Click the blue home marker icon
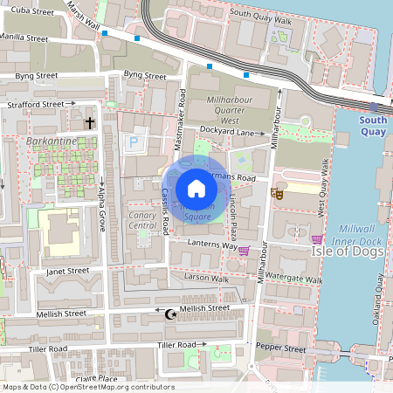(x=196, y=189)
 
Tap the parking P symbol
(x=134, y=141)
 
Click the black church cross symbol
(x=89, y=124)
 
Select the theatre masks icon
(x=277, y=194)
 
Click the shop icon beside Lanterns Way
(x=245, y=251)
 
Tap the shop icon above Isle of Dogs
(x=317, y=238)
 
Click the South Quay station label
(x=373, y=126)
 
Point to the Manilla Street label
(x=24, y=38)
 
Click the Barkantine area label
(x=52, y=141)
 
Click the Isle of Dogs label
(x=348, y=251)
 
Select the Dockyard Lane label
(x=231, y=132)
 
